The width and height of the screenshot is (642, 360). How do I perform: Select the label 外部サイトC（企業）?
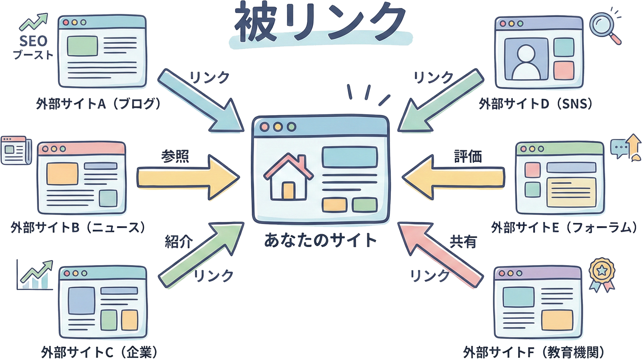pos(99,352)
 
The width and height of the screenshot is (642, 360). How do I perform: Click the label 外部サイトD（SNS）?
pos(536,104)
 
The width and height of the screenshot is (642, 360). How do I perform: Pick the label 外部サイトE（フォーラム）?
pos(564,228)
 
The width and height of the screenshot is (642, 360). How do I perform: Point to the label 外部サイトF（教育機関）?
pos(534,352)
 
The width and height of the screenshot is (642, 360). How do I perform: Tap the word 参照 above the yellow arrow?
pos(175,156)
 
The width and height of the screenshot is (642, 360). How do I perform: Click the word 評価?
pos(468,156)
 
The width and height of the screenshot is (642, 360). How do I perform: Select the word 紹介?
pos(179,242)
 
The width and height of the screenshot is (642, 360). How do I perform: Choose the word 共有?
pos(463,242)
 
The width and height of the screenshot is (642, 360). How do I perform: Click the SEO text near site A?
pos(33,41)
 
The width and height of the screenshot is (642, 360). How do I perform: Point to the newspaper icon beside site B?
pos(16,150)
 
